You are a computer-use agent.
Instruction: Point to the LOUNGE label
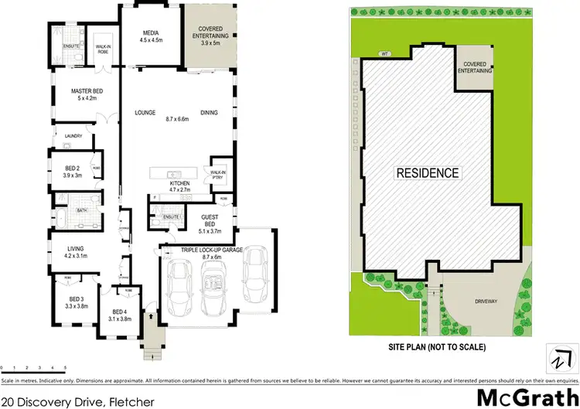coord(145,112)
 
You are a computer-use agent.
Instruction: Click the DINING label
coord(209,112)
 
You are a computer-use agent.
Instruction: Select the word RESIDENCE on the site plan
coord(428,173)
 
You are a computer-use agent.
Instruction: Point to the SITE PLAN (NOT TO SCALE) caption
coord(436,347)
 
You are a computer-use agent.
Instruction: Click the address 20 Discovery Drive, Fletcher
coord(77,401)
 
